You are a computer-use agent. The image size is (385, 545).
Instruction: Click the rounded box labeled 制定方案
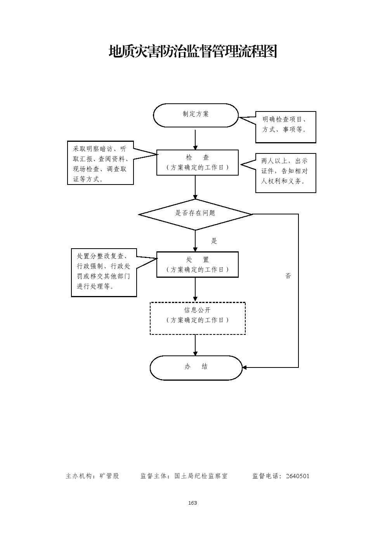pos(196,115)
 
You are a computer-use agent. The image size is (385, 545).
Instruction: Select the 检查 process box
pos(197,162)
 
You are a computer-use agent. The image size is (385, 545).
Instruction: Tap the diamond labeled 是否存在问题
pos(195,214)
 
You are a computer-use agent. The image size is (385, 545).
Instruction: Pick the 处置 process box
pos(197,265)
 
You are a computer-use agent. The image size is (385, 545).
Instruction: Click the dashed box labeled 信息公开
pos(198,318)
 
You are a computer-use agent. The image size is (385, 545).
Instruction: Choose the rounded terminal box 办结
pos(196,367)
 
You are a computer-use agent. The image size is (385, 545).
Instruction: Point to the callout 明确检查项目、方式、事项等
pos(285,127)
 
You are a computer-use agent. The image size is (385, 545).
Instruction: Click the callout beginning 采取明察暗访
pos(100,163)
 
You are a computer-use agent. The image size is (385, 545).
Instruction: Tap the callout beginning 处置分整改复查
pos(104,273)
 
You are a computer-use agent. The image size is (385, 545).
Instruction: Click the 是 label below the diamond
pos(214,241)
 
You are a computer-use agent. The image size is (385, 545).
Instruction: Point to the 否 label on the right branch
pos(288,276)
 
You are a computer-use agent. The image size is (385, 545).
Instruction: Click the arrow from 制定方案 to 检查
pos(195,139)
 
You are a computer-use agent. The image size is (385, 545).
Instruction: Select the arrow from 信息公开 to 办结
pos(195,345)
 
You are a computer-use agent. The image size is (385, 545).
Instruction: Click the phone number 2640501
pos(297,476)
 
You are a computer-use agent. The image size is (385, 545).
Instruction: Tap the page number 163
pos(192,503)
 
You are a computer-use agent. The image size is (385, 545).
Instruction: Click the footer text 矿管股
pos(109,476)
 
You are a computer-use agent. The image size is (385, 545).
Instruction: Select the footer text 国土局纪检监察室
pos(201,476)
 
